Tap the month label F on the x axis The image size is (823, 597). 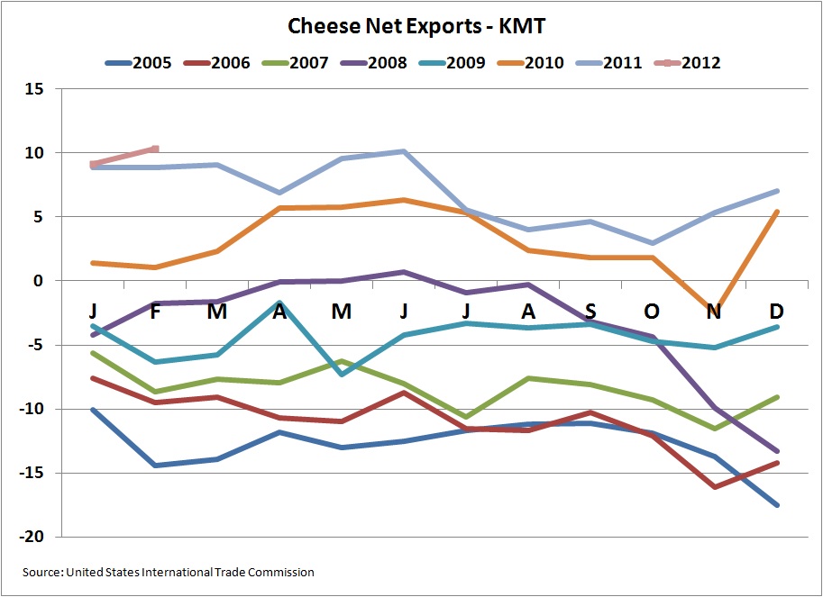pos(156,311)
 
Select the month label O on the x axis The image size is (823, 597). pos(652,311)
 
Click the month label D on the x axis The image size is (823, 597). pos(775,311)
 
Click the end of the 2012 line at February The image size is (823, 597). pos(156,149)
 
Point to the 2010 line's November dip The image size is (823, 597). pos(712,309)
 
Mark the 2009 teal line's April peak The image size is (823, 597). pos(279,303)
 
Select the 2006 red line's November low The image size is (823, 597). pos(714,486)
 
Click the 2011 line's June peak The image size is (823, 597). pos(404,151)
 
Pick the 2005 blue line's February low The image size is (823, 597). pos(156,465)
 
